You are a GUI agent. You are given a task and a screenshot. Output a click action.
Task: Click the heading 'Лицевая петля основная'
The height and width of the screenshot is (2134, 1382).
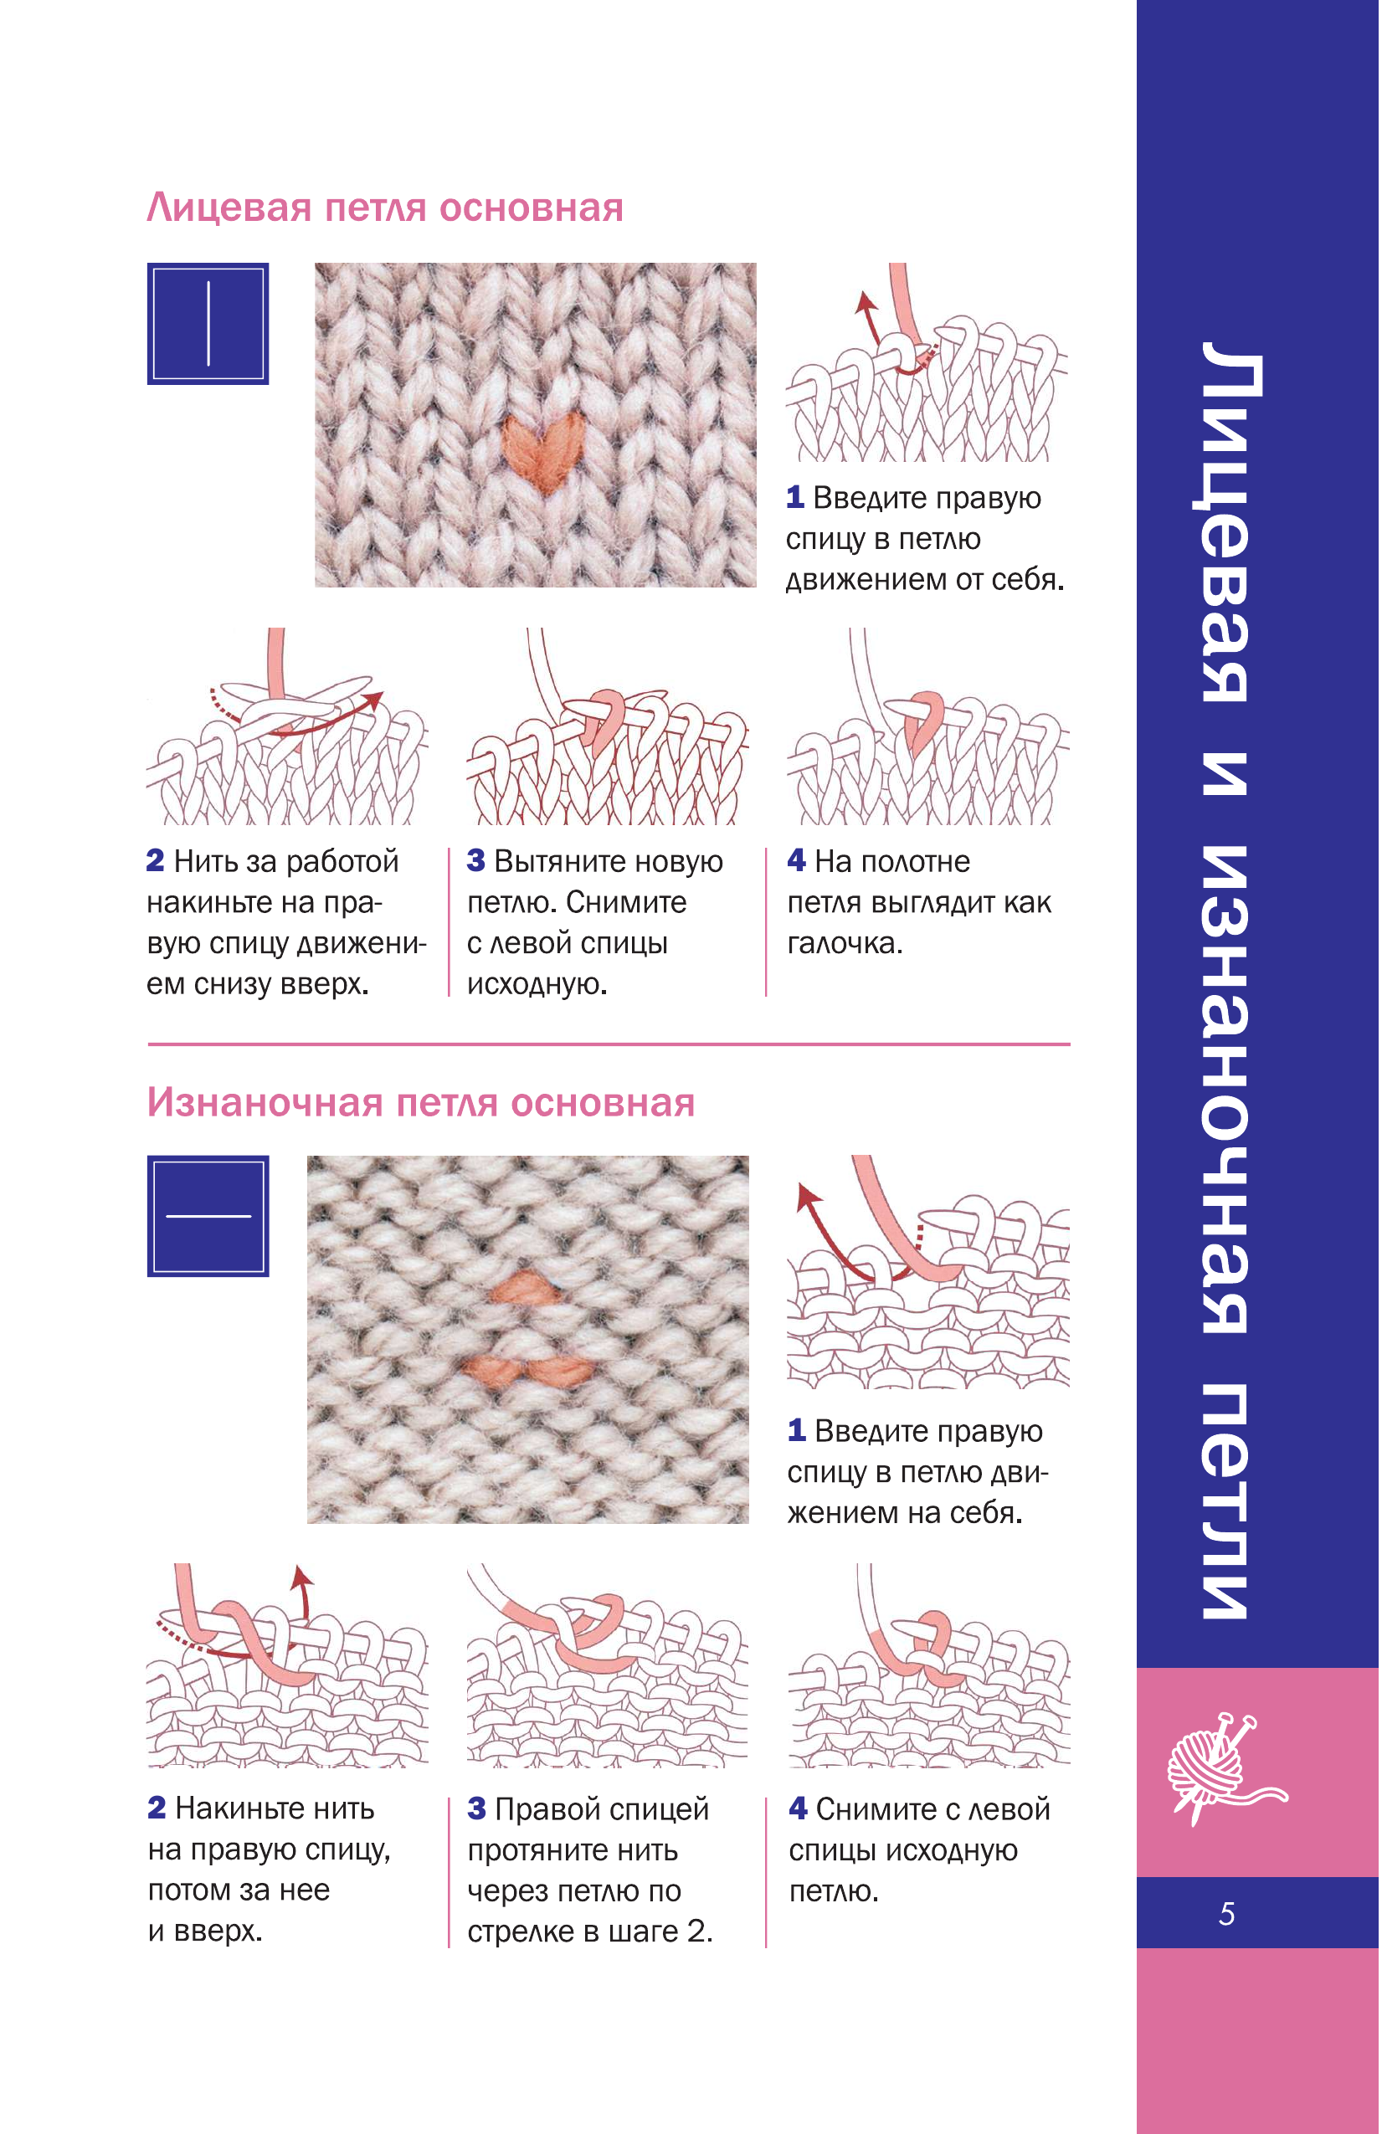coord(385,208)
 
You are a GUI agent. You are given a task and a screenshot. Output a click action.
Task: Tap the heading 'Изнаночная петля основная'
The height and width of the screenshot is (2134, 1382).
coord(420,1103)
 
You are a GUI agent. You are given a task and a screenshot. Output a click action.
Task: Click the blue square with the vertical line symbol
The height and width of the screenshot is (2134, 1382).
coord(208,324)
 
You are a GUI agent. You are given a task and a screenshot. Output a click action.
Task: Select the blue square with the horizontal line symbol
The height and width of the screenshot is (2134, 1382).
coord(208,1216)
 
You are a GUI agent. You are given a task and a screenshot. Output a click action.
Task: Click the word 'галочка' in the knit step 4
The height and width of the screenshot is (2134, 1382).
coord(845,943)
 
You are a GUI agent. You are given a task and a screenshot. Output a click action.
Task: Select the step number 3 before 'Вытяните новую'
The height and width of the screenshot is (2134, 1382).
coord(476,861)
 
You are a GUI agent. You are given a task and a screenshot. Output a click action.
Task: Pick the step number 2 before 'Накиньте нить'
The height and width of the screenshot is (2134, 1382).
coord(157,1808)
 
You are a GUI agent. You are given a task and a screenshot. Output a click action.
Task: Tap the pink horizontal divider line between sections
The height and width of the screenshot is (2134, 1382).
coord(609,1044)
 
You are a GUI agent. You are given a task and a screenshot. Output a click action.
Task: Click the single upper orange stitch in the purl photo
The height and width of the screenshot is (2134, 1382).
coord(526,1289)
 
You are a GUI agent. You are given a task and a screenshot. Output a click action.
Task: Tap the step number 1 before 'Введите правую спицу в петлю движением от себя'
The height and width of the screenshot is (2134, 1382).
coord(794,498)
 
